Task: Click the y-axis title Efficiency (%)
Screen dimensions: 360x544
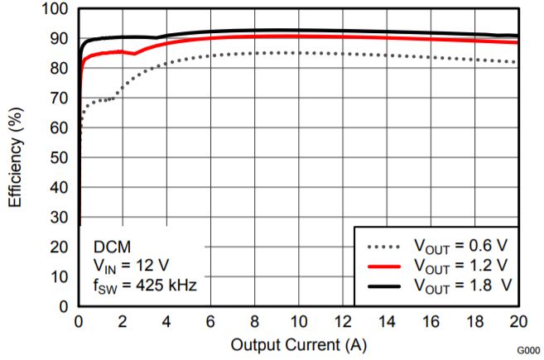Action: tap(15, 157)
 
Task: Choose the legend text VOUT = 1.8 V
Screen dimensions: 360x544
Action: tap(462, 286)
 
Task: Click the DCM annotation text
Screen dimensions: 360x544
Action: tap(111, 246)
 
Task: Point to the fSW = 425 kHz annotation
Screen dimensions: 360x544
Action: tap(142, 286)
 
